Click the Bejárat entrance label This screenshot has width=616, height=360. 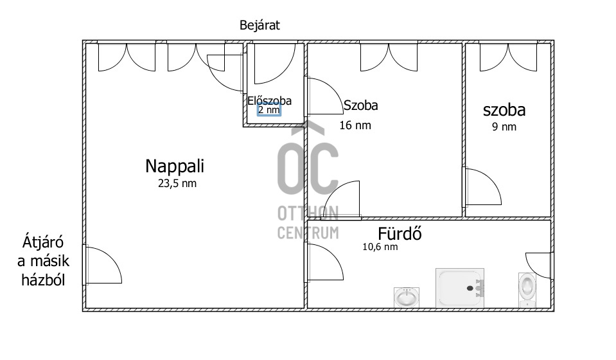coord(260,26)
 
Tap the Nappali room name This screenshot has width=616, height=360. coord(175,166)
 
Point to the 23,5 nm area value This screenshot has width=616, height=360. coord(177,184)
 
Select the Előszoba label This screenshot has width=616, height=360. coord(270,101)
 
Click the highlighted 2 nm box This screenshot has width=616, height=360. coord(269,110)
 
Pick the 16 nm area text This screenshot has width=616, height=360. coord(355,125)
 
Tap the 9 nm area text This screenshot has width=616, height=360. coord(504,127)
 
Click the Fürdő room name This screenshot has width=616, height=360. coord(400,234)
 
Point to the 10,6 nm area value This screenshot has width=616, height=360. coord(380,247)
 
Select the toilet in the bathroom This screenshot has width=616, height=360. coord(527,290)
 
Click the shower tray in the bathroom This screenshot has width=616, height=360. coord(460,288)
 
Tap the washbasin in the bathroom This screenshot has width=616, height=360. coord(407,298)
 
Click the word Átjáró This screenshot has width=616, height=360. coord(43,242)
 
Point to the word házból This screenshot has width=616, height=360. coord(43,280)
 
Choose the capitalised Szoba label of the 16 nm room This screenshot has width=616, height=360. coord(360,105)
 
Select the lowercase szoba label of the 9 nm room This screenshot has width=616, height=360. coord(504,110)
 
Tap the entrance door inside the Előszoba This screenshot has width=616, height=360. coord(275,63)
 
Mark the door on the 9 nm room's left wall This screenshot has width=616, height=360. coord(482,187)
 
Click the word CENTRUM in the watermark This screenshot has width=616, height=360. coord(308,233)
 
